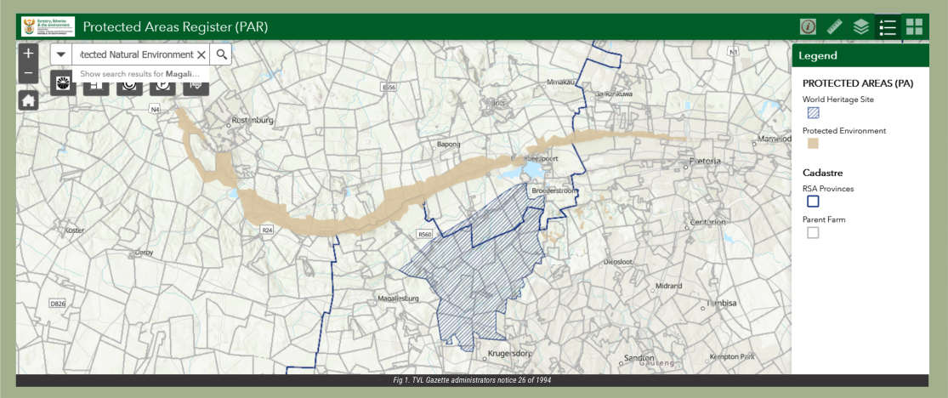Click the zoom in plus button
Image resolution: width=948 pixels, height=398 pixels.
pos(28,53)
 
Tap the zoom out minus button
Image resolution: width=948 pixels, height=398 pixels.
pos(28,73)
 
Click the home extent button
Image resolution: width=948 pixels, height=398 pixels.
pos(28,100)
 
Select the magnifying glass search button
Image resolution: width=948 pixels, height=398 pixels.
pos(221,54)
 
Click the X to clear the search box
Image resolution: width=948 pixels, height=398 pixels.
pos(202,54)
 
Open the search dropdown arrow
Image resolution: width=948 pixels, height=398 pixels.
pos(61,54)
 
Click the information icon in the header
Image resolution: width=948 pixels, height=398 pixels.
pos(808,26)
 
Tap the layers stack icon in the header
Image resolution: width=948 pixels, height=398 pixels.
pos(861,26)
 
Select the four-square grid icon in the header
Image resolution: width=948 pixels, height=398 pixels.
pos(914,26)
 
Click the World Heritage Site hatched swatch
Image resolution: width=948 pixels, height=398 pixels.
pos(813,112)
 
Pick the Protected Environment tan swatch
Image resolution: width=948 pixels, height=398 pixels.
pos(813,144)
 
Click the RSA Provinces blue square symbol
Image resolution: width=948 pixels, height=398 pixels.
pos(813,202)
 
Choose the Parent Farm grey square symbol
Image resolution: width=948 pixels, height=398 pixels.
pos(813,232)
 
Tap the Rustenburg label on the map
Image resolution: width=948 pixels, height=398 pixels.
pos(252,121)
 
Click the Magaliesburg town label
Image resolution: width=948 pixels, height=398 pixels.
pos(398,298)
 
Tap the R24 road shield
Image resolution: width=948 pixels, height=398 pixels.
pos(267,230)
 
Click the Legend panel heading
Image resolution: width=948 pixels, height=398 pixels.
pos(818,55)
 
